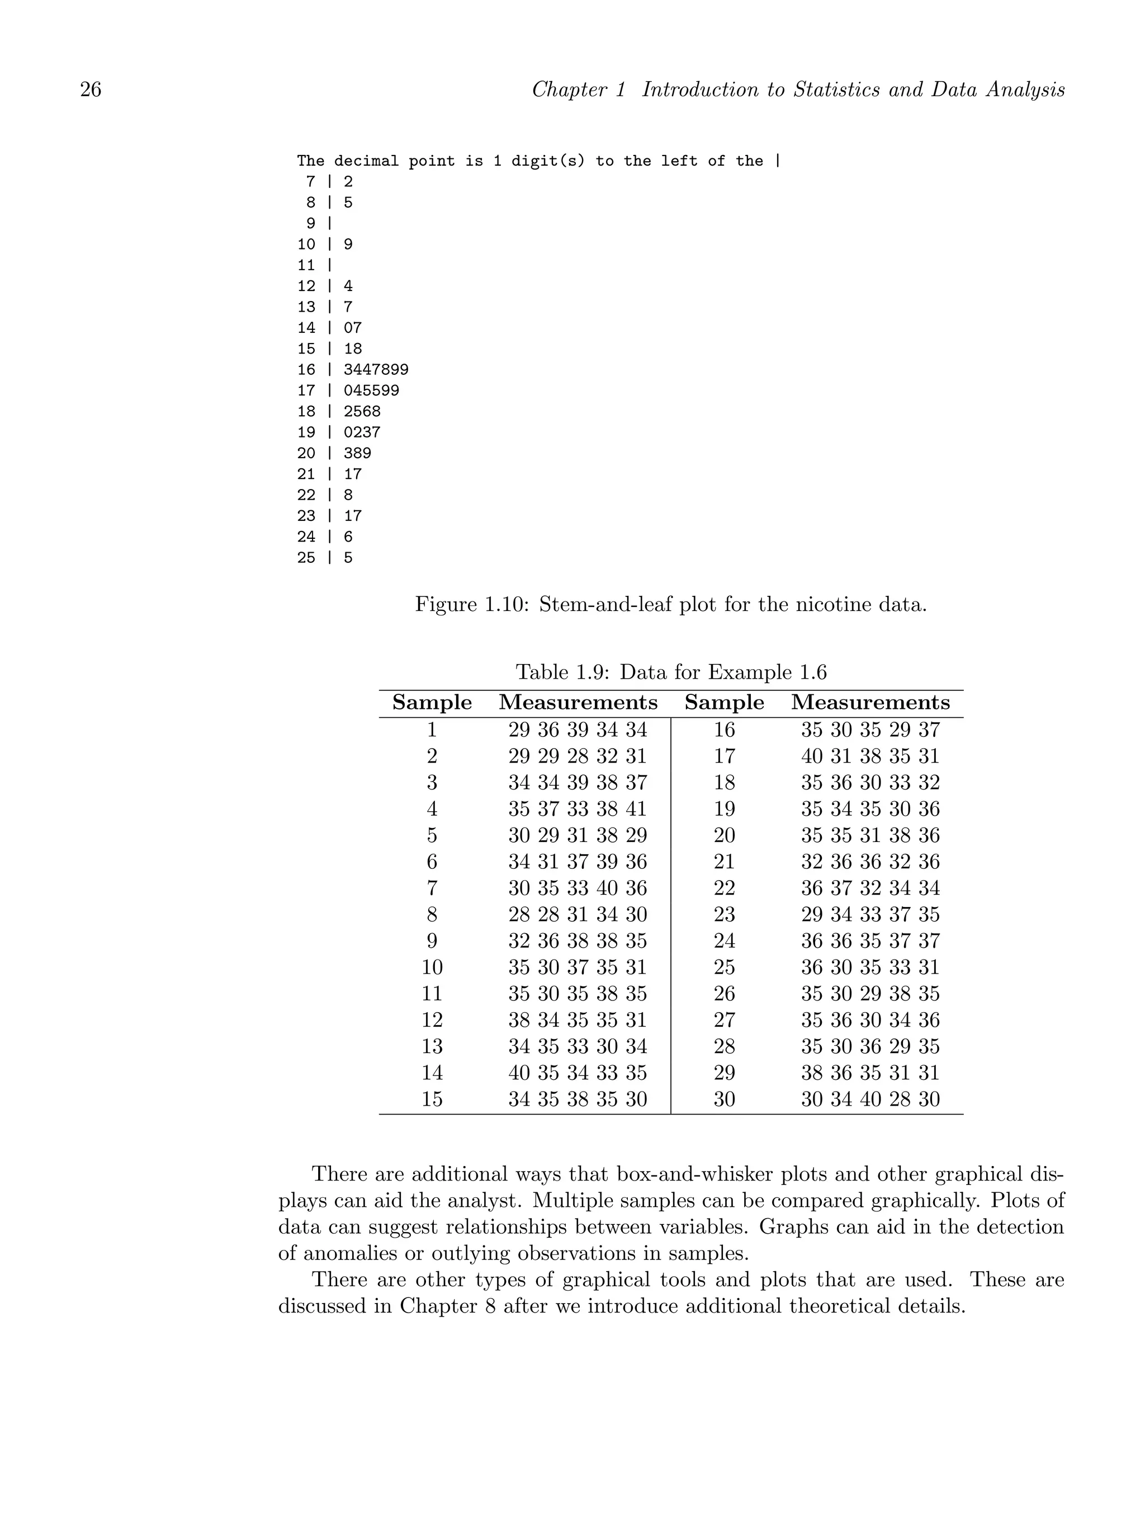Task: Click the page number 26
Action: point(91,90)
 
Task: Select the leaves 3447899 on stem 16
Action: point(376,370)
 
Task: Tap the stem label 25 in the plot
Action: point(306,558)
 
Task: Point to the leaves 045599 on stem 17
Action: point(371,391)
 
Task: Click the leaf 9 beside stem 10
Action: point(348,245)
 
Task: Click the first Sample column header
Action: point(432,703)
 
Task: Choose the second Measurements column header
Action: point(870,703)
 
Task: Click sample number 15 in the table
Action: point(432,1099)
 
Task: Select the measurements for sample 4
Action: point(578,809)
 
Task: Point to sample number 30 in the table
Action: point(725,1099)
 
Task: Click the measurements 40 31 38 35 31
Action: point(870,756)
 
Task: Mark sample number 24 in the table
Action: point(725,941)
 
